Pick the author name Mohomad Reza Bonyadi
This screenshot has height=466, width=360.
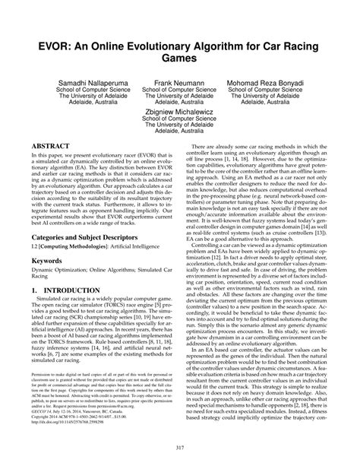pos(287,81)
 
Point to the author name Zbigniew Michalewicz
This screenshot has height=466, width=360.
pos(180,109)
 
